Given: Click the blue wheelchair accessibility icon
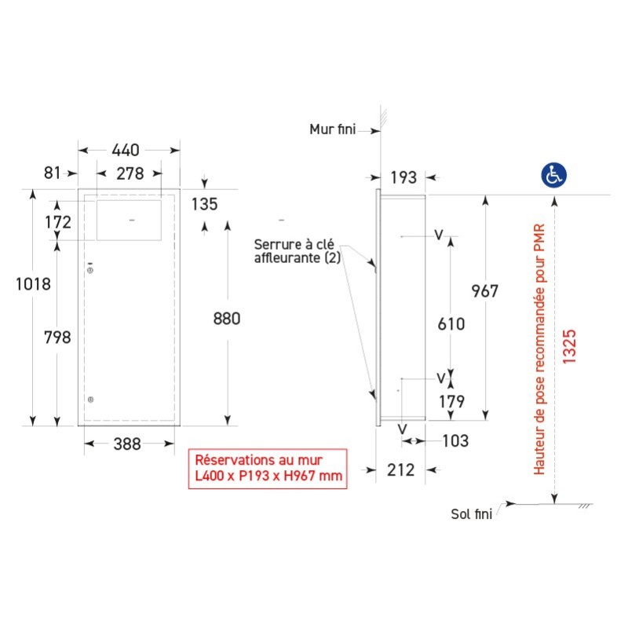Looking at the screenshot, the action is (554, 175).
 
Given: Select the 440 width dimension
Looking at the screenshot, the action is (126, 150).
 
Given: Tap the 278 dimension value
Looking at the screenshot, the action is (130, 173).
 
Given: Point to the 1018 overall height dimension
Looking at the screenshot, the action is (33, 284).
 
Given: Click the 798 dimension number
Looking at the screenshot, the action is (57, 338).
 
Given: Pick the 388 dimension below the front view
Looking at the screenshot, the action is (127, 444).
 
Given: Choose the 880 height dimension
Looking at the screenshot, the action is (227, 319).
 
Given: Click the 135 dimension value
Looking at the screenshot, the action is (204, 204).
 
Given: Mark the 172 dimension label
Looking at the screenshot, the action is (58, 222).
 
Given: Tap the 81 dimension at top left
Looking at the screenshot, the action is (52, 173).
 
